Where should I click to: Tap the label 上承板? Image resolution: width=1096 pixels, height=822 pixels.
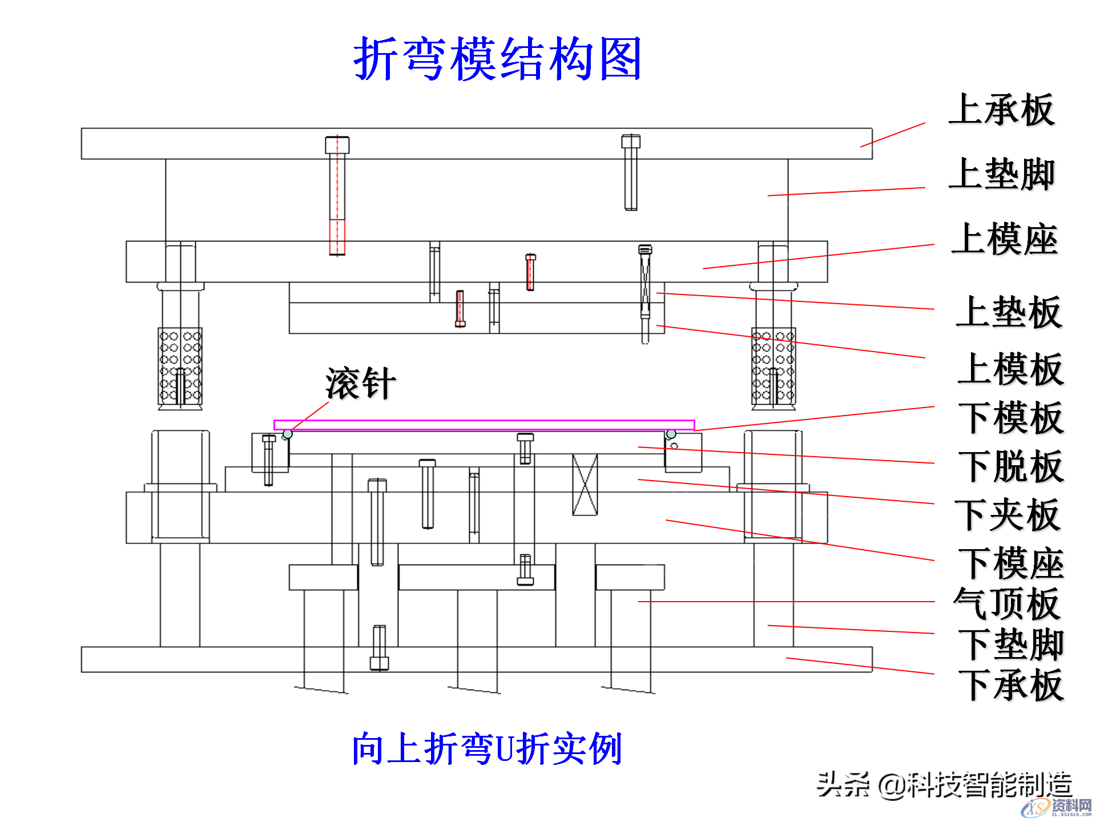pos(1001,110)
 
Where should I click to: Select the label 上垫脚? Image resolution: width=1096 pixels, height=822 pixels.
pos(1001,174)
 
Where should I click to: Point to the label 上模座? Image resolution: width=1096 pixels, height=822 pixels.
pos(1005,239)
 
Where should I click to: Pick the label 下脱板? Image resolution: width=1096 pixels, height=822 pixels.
pos(1010,466)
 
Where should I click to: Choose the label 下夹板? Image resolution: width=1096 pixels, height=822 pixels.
pos(1008,515)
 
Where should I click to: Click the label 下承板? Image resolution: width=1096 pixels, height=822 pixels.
pos(1010,684)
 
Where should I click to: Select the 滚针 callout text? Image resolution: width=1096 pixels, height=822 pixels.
pos(361,383)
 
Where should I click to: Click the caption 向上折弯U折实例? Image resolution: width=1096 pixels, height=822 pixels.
pos(486,748)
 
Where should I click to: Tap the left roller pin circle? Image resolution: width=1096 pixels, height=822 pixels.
pos(288,434)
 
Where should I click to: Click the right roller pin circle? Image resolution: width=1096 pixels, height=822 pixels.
pos(671,434)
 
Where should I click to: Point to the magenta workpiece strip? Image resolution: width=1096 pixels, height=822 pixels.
pos(484,425)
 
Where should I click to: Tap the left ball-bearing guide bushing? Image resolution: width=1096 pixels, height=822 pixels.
pos(180,366)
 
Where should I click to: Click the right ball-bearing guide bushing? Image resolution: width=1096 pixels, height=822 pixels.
pos(773,366)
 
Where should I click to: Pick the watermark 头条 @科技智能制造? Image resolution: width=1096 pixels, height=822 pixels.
pos(944,784)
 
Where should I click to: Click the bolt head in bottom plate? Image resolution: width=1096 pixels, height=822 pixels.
pos(379,663)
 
